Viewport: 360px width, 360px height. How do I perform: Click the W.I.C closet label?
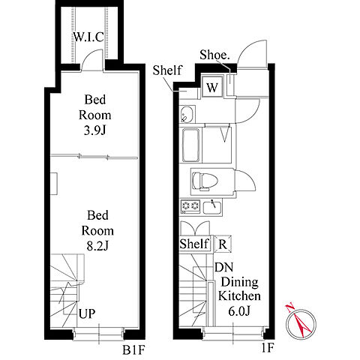tap(88, 37)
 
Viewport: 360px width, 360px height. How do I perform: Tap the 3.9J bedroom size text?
tap(95, 130)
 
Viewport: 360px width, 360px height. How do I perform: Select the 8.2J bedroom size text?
tap(97, 246)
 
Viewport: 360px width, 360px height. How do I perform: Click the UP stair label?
tap(87, 313)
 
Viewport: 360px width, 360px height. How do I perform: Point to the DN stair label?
tap(224, 267)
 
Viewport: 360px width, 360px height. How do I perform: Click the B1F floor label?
tap(133, 349)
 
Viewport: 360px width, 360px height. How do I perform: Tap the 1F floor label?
tap(268, 348)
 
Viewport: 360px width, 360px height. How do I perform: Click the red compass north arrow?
tap(299, 321)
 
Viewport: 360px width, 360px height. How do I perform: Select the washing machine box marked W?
tap(212, 87)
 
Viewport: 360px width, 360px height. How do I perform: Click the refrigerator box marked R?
tap(223, 244)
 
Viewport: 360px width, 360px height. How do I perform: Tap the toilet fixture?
tap(205, 181)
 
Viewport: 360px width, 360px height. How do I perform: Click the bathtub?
tap(191, 145)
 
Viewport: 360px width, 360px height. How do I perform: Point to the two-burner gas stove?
tap(190, 206)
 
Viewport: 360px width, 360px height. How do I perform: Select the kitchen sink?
tap(212, 207)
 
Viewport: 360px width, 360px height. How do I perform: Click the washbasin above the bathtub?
tap(187, 114)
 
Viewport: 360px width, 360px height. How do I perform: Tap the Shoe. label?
tap(214, 55)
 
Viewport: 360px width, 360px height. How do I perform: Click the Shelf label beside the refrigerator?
tap(194, 243)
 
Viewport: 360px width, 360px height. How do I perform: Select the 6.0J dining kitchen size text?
tap(239, 311)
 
